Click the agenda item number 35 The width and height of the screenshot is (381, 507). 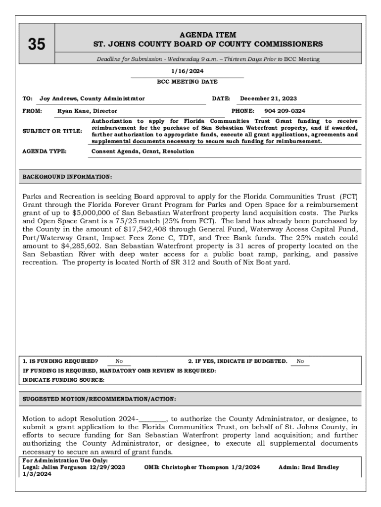tap(36, 45)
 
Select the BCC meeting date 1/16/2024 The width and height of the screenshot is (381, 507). tap(187, 71)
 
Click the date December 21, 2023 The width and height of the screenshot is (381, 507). tap(268, 99)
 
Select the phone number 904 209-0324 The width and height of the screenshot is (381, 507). tap(285, 111)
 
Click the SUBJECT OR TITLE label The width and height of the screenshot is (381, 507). tap(52, 131)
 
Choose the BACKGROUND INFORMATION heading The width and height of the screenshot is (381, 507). tap(67, 176)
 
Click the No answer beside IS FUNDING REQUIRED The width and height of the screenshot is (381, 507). tap(119, 361)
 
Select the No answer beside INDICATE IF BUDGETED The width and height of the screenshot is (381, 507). tap(300, 361)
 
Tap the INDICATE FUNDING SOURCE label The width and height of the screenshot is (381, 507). tap(64, 380)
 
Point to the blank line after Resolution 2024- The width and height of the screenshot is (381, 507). tap(153, 419)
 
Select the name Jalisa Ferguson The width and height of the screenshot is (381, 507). tap(64, 467)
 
